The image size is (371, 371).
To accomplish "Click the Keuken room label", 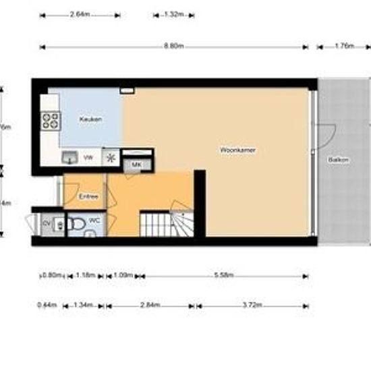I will pos(90,119).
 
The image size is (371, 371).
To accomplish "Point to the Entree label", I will pos(88,196).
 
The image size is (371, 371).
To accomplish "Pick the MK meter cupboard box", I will pos(136,165).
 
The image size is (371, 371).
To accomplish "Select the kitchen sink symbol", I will pos(69,158).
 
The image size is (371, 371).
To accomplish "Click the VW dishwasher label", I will pos(88,158).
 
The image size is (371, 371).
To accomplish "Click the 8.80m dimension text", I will pos(174,47).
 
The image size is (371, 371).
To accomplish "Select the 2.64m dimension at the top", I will pos(80,14).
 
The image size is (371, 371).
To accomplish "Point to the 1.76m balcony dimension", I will pos(345,47).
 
